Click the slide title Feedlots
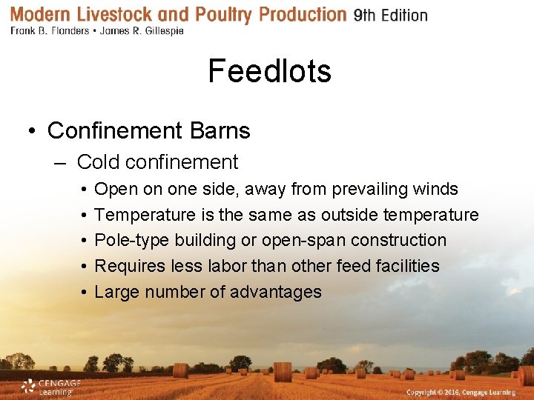click(269, 71)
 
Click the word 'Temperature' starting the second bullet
click(145, 215)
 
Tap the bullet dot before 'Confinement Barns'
click(32, 132)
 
